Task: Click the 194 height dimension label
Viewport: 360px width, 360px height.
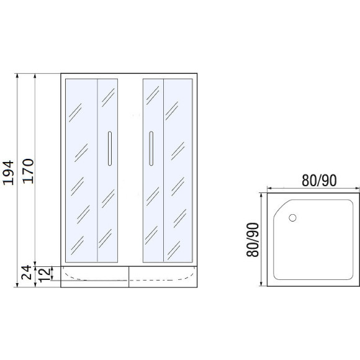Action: (x=9, y=173)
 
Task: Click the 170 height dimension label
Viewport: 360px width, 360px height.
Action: (x=29, y=171)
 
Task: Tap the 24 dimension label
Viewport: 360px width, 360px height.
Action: (x=26, y=272)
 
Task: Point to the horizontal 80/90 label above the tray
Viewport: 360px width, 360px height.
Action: (x=319, y=180)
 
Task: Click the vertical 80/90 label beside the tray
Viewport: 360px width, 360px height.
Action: (x=253, y=240)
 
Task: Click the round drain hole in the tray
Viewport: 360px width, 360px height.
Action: (x=292, y=218)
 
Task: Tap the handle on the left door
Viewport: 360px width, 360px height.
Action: (x=110, y=148)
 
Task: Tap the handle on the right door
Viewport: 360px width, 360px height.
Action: (x=151, y=148)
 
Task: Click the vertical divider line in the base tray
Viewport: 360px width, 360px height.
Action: (x=129, y=277)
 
